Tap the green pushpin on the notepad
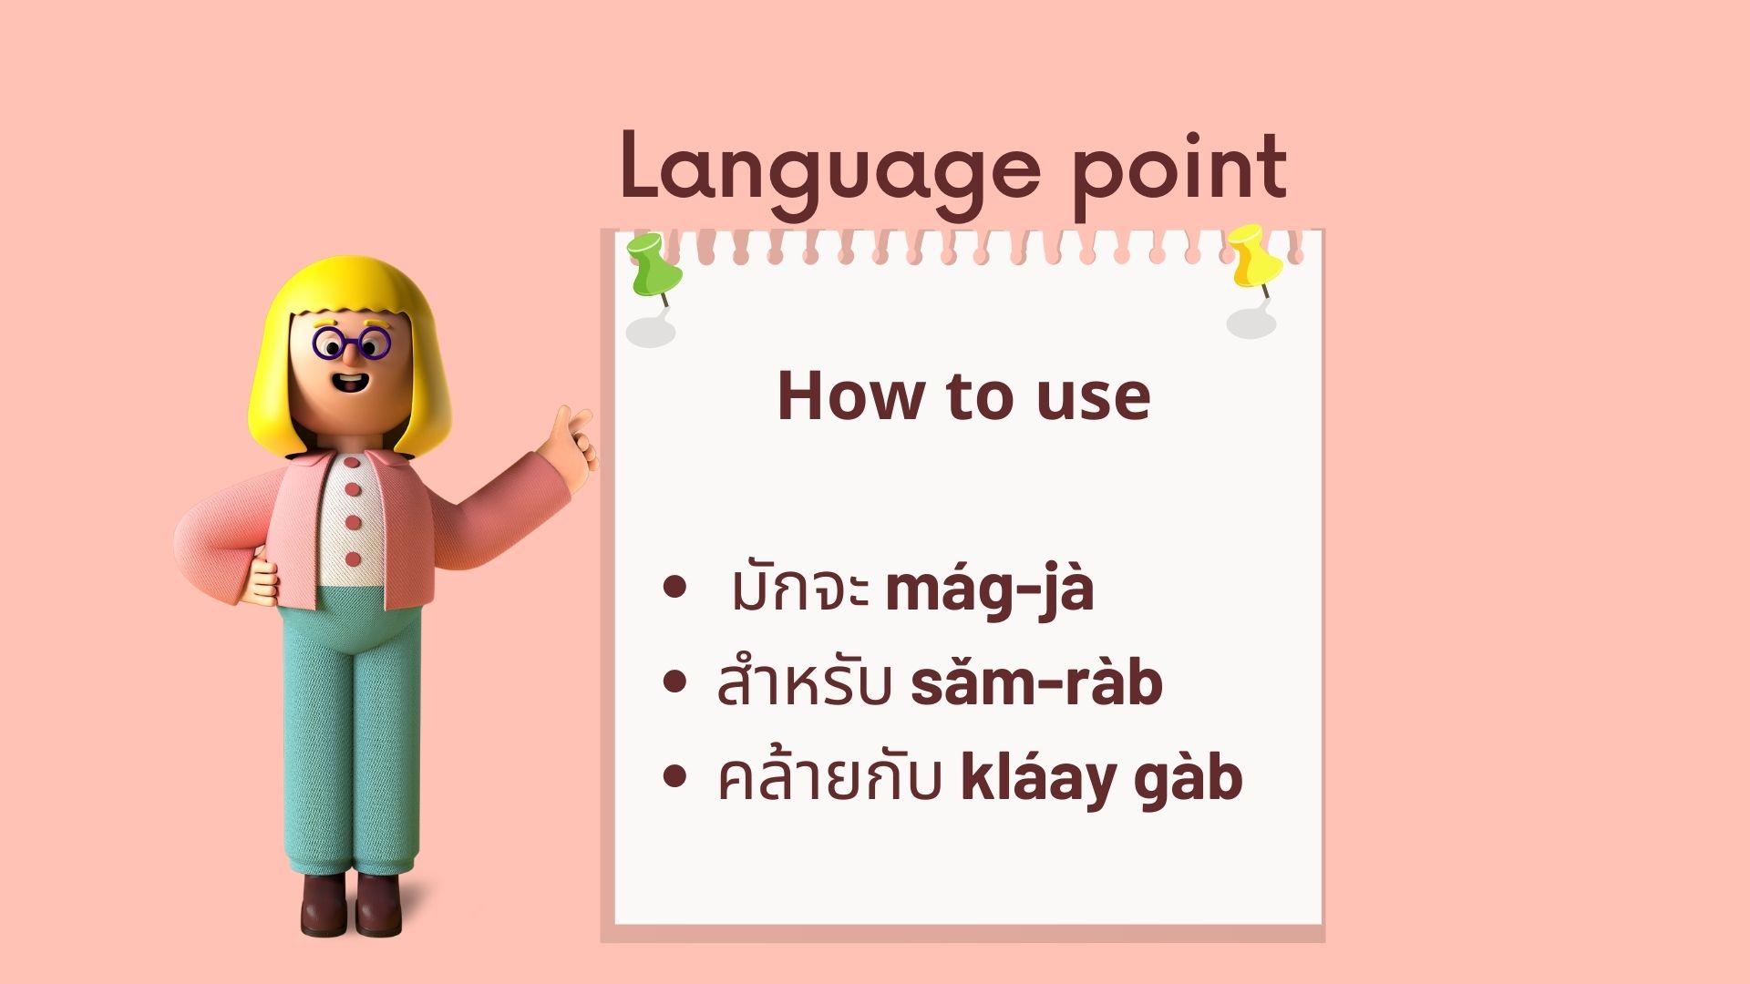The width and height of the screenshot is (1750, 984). click(x=654, y=265)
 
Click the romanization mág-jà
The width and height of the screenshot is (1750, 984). click(x=989, y=590)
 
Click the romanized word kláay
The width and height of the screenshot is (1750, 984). click(x=1040, y=780)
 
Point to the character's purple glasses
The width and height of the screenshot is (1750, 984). click(x=350, y=343)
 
